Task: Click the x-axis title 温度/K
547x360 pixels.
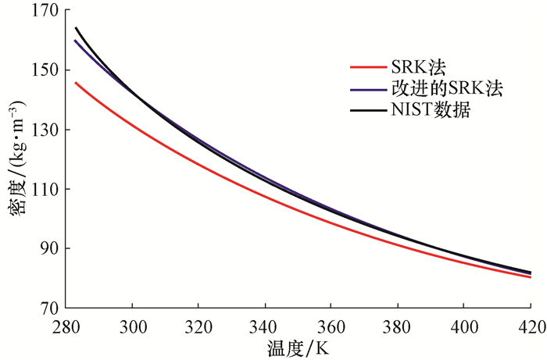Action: (298, 347)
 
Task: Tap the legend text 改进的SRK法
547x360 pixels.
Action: (444, 89)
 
